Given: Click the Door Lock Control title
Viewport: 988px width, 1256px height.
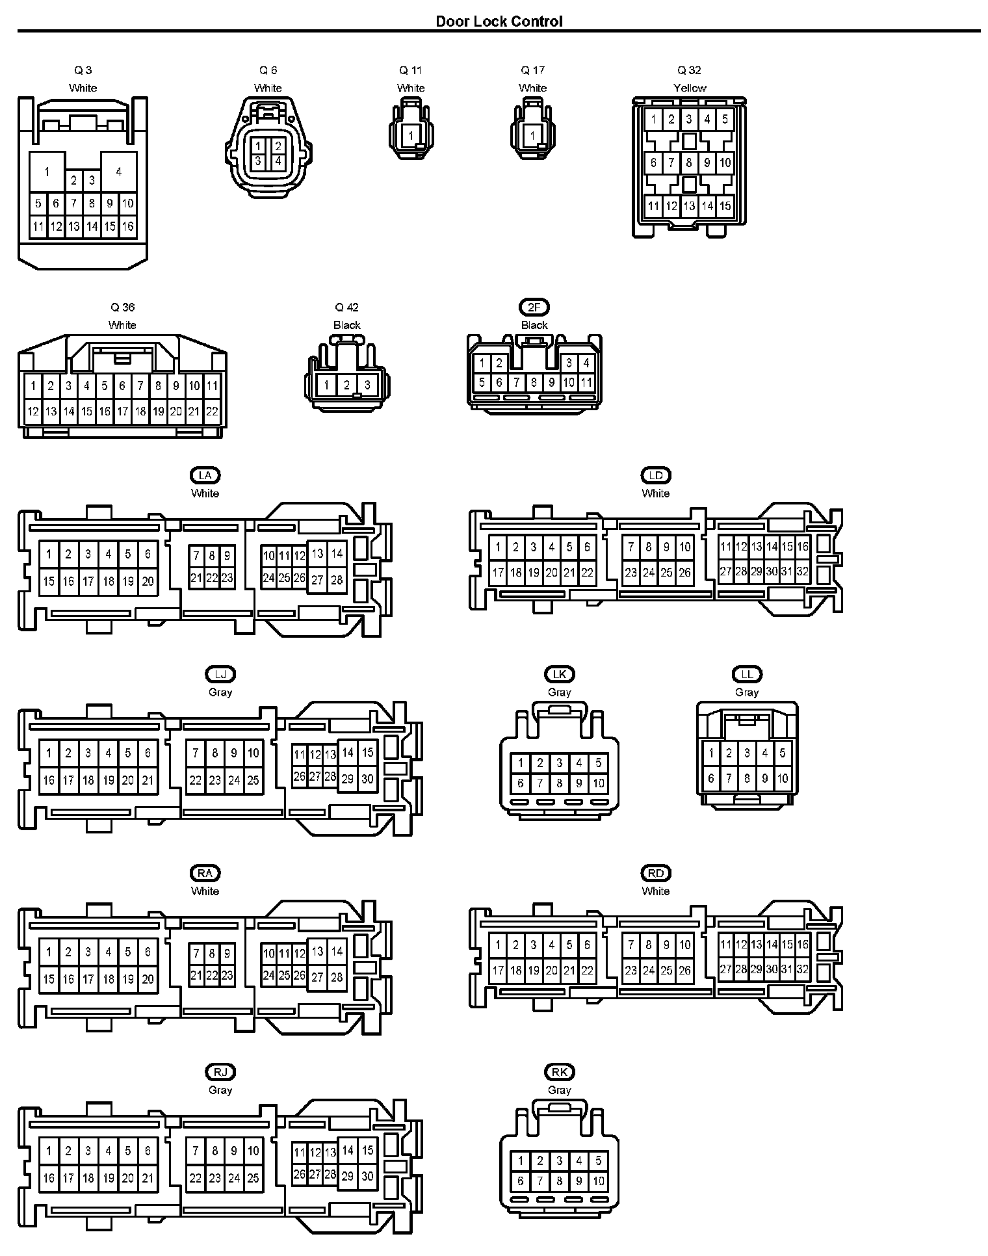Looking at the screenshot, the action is (499, 21).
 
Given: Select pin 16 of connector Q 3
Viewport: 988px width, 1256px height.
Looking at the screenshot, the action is (127, 226).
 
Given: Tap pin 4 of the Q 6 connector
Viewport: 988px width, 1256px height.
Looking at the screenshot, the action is (278, 161).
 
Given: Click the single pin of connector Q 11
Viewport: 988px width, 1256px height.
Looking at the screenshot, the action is (410, 136).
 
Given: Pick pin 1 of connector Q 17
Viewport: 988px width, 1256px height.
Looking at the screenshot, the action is (532, 136).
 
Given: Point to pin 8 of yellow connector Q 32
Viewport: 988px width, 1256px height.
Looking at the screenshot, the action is (689, 163).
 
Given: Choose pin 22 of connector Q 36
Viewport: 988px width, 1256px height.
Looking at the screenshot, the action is (212, 411).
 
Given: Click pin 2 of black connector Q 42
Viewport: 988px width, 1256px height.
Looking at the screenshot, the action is (346, 386).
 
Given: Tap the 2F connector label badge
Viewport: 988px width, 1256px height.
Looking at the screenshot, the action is (534, 307).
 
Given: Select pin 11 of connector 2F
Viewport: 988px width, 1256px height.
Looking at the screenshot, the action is (586, 382).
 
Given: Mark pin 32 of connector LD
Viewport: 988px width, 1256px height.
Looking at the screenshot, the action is (802, 572).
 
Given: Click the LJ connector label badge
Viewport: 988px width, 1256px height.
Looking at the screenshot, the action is (220, 674).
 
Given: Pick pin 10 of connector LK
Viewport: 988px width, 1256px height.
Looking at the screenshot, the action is (598, 783).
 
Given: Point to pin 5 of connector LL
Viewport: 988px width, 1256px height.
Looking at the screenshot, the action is (783, 753).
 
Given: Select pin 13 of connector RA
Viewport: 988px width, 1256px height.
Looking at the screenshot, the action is (317, 951).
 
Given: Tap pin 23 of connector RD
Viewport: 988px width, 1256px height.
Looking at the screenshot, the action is (630, 970).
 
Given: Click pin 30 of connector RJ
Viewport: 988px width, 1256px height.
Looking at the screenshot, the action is (367, 1176).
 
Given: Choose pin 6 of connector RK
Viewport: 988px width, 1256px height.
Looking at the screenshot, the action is (520, 1181).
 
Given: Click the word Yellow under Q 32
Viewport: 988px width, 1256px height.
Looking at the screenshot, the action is (690, 88).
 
